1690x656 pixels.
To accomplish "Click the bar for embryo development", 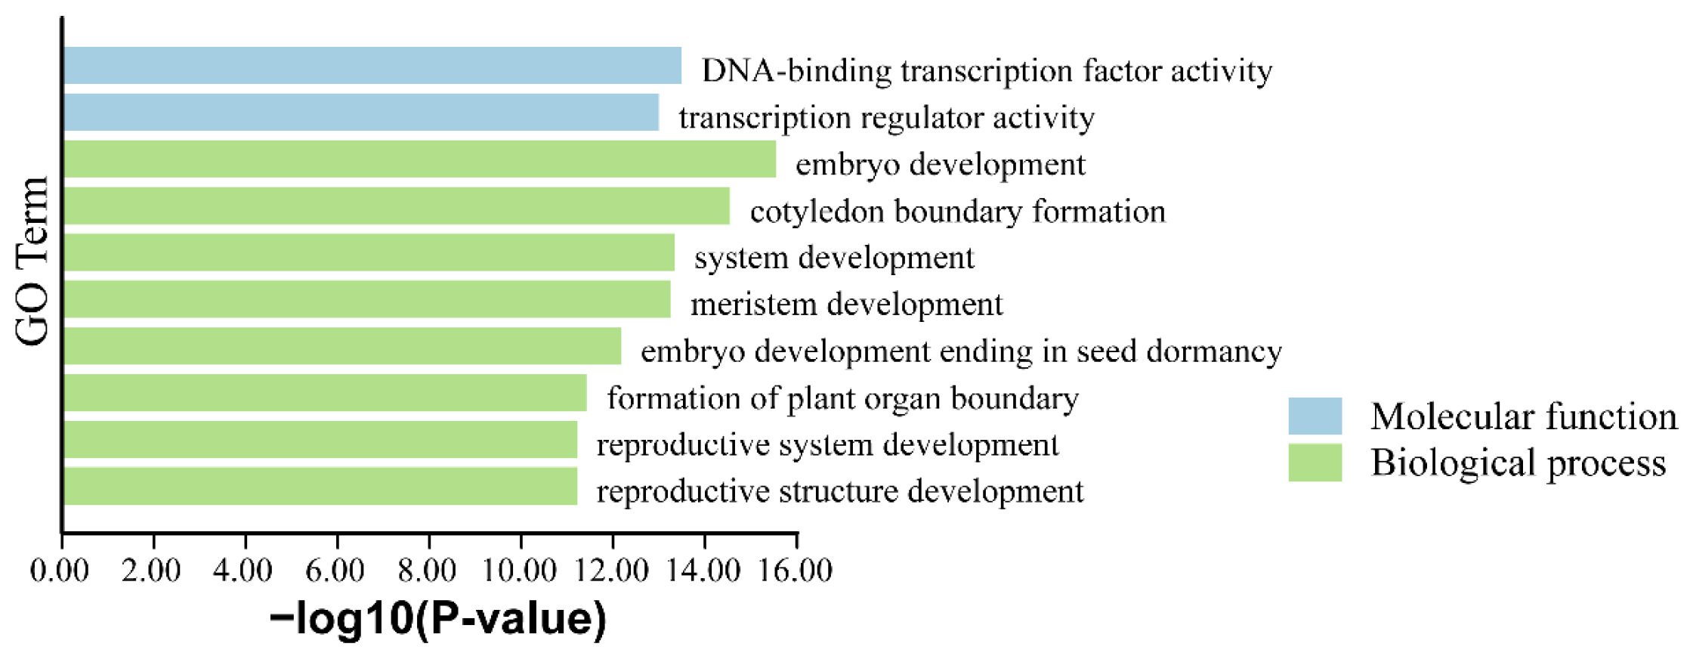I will (419, 159).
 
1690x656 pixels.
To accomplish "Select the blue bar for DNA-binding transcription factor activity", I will (372, 66).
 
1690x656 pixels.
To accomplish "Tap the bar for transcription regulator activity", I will (361, 113).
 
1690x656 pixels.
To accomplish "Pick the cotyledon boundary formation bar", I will (397, 206).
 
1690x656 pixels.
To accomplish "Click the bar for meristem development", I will (366, 299).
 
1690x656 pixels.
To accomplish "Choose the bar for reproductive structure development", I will (320, 487).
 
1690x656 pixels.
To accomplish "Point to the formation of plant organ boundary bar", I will (325, 393).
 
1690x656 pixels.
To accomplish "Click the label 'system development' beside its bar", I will (834, 258).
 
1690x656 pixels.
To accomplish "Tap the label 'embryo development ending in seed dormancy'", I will (961, 352).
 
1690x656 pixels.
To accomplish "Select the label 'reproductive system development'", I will (827, 445).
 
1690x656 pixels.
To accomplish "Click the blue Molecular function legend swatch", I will (1315, 416).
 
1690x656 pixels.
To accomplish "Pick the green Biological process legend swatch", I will (1315, 463).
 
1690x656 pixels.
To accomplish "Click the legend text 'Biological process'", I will (1518, 463).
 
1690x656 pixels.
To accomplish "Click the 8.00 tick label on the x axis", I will (428, 570).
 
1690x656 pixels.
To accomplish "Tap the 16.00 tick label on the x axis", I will (796, 570).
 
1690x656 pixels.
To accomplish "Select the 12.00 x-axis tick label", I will (612, 570).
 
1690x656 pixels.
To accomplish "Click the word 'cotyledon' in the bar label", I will (817, 212).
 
